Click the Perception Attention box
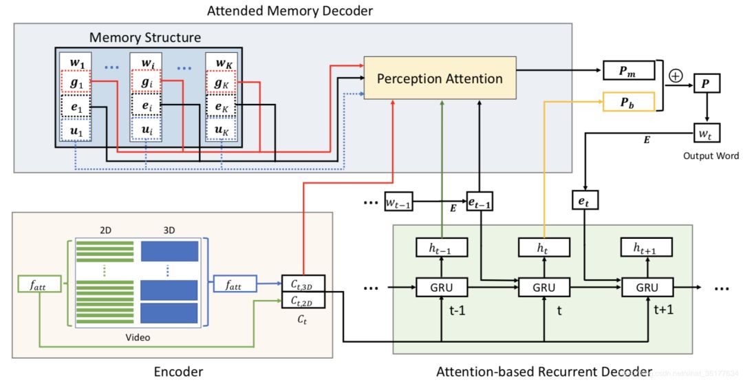coord(440,78)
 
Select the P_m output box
coord(628,71)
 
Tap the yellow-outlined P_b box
coord(628,101)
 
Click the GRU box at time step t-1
coord(442,287)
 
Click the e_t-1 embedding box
coord(480,200)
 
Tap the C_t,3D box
coord(303,282)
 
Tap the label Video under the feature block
coord(138,338)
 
